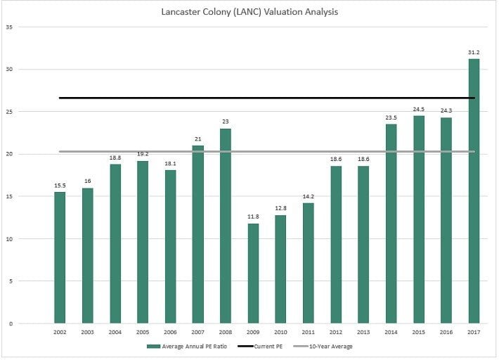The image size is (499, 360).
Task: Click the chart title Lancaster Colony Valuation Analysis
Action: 249,12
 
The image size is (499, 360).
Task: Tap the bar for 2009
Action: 253,274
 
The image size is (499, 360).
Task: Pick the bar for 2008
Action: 226,226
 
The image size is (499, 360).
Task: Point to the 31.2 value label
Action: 474,52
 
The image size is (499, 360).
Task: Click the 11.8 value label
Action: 253,217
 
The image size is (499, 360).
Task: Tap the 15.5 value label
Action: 60,186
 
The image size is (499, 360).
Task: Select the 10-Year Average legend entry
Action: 330,347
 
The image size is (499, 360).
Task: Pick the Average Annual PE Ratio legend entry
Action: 190,347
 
